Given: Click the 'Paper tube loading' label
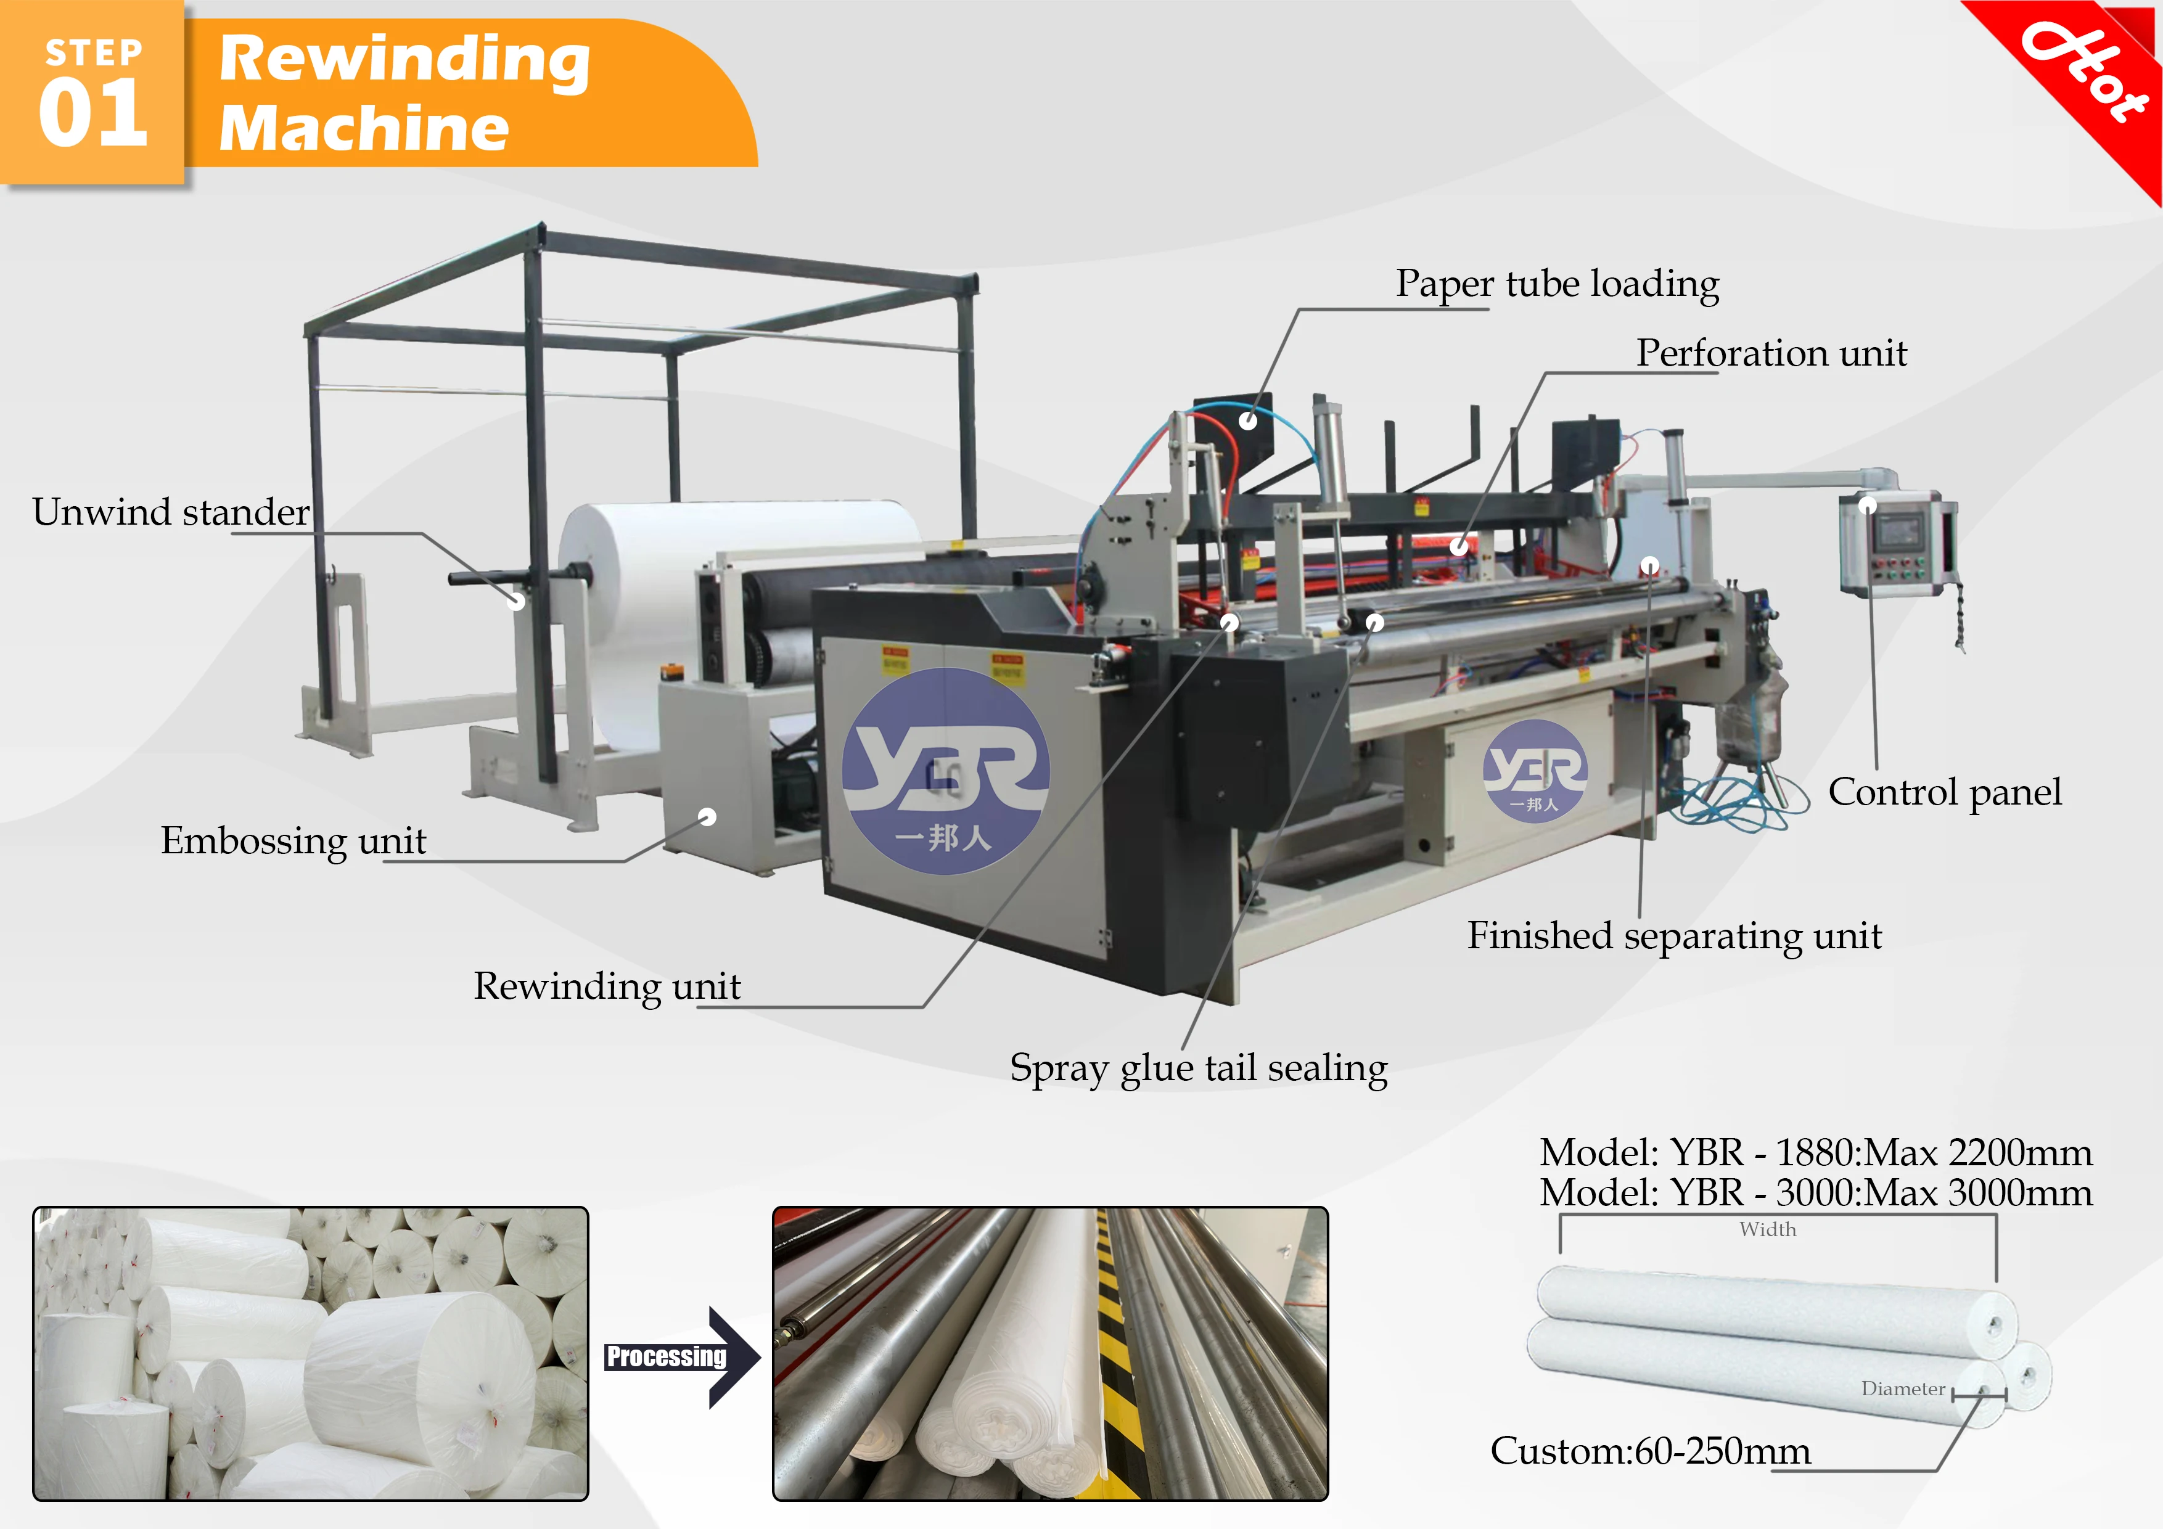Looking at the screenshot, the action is pos(1558,284).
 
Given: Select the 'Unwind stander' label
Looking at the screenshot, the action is pos(171,512).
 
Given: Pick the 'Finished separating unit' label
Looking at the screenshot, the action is pos(1674,935).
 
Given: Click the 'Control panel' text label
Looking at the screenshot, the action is pos(1945,792).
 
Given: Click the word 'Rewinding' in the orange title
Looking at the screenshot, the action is pos(405,59).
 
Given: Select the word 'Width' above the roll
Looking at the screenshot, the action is pos(1767,1229).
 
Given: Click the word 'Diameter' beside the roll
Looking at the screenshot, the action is pos(1902,1388).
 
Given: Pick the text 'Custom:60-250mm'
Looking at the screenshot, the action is pos(1649,1451).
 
